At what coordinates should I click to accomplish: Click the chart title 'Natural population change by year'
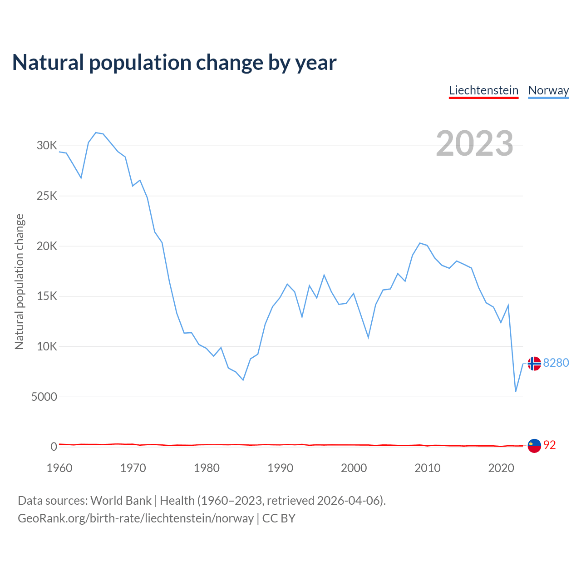pyautogui.click(x=174, y=63)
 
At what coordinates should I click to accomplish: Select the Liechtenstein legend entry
pyautogui.click(x=483, y=90)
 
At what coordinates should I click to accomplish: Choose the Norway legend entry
pyautogui.click(x=548, y=90)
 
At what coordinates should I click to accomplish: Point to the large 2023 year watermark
pyautogui.click(x=474, y=143)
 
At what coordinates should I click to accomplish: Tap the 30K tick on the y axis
pyautogui.click(x=47, y=146)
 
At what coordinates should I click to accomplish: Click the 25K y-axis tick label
pyautogui.click(x=47, y=196)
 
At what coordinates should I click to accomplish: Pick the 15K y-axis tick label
pyautogui.click(x=47, y=296)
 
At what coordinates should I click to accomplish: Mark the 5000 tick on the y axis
pyautogui.click(x=44, y=397)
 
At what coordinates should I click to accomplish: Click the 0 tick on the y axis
pyautogui.click(x=54, y=447)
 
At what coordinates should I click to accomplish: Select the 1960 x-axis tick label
pyautogui.click(x=59, y=468)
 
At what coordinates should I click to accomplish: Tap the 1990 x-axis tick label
pyautogui.click(x=280, y=468)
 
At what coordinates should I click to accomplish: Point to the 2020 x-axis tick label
pyautogui.click(x=501, y=468)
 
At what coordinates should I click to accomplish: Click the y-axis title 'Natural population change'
pyautogui.click(x=20, y=282)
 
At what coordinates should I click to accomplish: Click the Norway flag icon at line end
pyautogui.click(x=534, y=363)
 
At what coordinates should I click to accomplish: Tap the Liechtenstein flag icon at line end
pyautogui.click(x=534, y=446)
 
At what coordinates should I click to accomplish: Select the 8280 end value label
pyautogui.click(x=556, y=363)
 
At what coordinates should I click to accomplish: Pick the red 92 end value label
pyautogui.click(x=549, y=445)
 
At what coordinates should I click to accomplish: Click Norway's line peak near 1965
pyautogui.click(x=96, y=133)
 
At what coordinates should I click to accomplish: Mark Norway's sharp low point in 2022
pyautogui.click(x=516, y=391)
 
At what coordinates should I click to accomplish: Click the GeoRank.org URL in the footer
pyautogui.click(x=136, y=518)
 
